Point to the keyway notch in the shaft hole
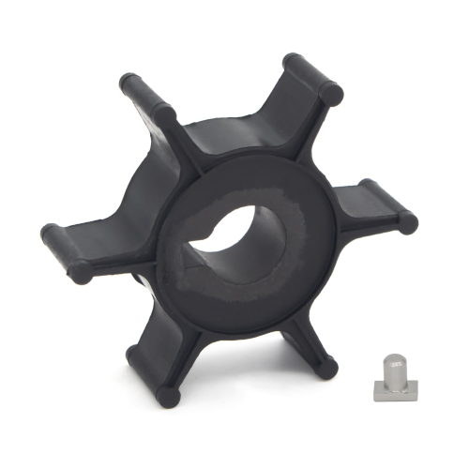click(x=202, y=251)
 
